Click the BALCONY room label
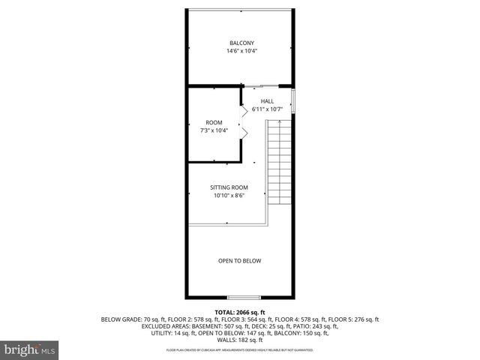239,43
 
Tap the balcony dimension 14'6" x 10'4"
239,51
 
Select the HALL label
267,101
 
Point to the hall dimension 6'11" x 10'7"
267,109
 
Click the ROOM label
214,122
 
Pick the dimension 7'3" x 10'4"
214,130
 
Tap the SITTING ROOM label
229,187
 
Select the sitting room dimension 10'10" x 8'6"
229,196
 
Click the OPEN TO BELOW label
239,261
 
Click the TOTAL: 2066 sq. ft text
239,311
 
